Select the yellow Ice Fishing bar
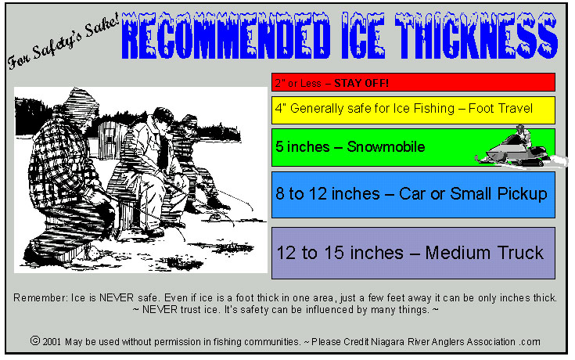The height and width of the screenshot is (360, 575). tap(413, 109)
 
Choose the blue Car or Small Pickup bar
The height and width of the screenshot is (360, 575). tap(413, 194)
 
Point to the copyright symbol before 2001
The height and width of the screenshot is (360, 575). tap(34, 341)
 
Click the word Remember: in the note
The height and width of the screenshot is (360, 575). tap(38, 298)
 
